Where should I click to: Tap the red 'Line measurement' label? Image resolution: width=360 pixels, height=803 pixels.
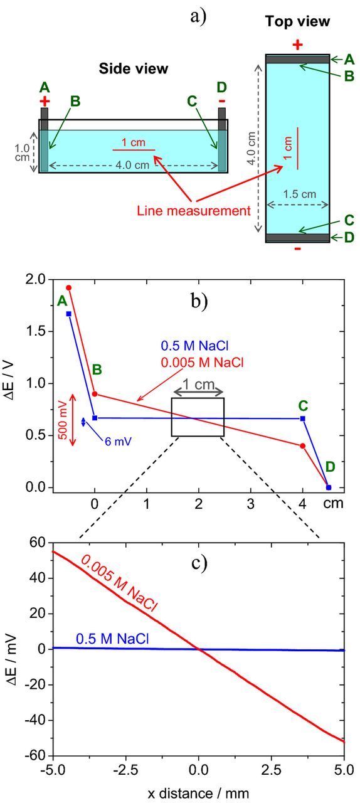(x=193, y=211)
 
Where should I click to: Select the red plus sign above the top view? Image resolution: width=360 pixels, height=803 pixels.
(x=298, y=45)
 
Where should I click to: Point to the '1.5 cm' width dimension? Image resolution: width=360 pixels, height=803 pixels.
(x=298, y=194)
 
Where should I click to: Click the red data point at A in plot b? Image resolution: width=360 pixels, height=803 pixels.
(x=69, y=287)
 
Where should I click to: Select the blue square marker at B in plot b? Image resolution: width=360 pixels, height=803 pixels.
(x=95, y=418)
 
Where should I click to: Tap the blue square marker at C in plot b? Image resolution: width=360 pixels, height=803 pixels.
(x=303, y=418)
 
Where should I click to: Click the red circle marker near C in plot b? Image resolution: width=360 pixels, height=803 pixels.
(x=303, y=446)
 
